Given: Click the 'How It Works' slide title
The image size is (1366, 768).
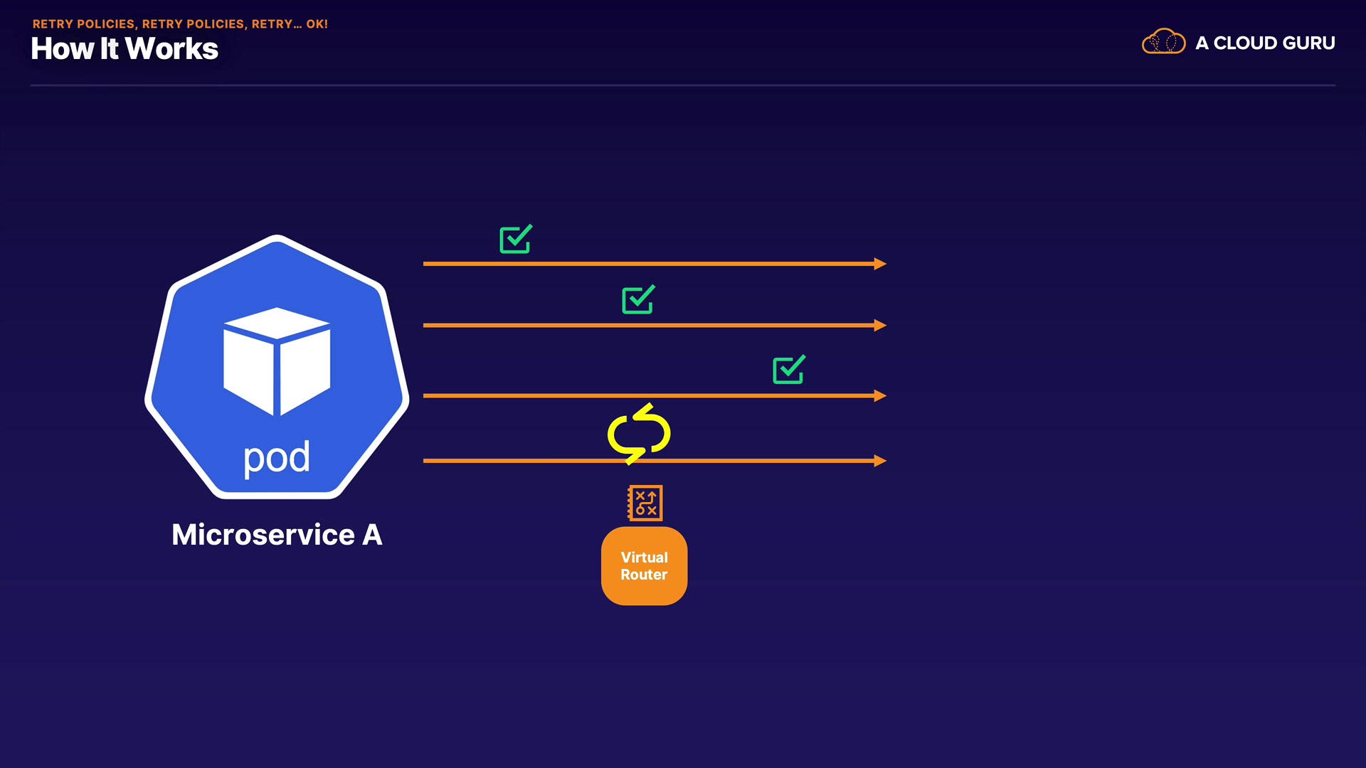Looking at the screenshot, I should tap(125, 49).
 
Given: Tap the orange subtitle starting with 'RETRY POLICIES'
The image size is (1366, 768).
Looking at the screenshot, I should tap(180, 24).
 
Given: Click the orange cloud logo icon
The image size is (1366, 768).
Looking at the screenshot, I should tap(1163, 42).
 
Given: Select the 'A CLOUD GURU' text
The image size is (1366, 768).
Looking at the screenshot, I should tap(1265, 43).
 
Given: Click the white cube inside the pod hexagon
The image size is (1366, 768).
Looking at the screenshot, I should tap(277, 361).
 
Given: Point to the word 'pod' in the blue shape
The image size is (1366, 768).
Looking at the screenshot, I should tap(277, 458).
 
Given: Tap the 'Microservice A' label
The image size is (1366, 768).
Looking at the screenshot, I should tap(277, 535).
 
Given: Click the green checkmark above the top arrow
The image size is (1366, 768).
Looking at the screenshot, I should tap(516, 240).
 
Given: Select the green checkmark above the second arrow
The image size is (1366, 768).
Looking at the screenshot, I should tap(638, 300).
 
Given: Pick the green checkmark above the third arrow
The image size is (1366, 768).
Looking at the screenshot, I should tap(789, 370).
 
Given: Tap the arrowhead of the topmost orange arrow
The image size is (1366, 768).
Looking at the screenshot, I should tap(880, 264).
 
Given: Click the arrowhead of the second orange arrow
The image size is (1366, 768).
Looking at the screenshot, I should tap(880, 326).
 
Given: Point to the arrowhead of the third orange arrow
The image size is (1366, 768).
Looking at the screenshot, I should tap(880, 395).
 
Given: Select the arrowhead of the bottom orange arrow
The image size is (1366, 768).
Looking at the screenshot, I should tap(880, 461).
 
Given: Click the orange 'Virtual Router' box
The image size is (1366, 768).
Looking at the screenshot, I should tap(644, 566).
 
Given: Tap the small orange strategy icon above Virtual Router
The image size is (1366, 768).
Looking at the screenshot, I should tap(645, 503).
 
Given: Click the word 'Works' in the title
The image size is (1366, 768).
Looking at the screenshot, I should tap(171, 49).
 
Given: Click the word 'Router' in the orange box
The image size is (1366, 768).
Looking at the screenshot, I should tap(644, 575).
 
